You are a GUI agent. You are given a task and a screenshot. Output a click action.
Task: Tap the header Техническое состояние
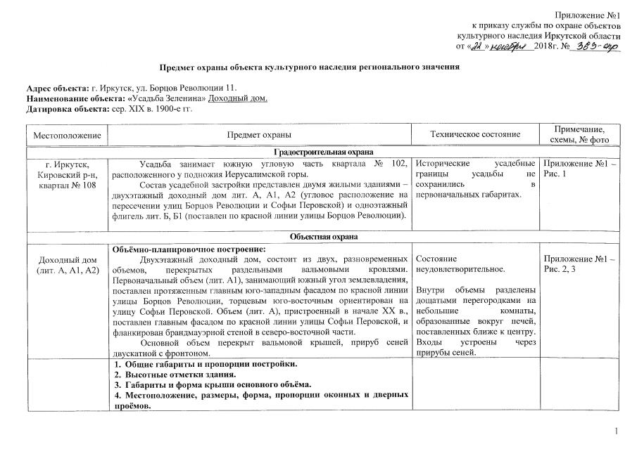click(475, 134)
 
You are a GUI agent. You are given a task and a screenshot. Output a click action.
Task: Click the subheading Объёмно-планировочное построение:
click(184, 249)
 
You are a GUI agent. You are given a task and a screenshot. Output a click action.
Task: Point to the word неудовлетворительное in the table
click(452, 269)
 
